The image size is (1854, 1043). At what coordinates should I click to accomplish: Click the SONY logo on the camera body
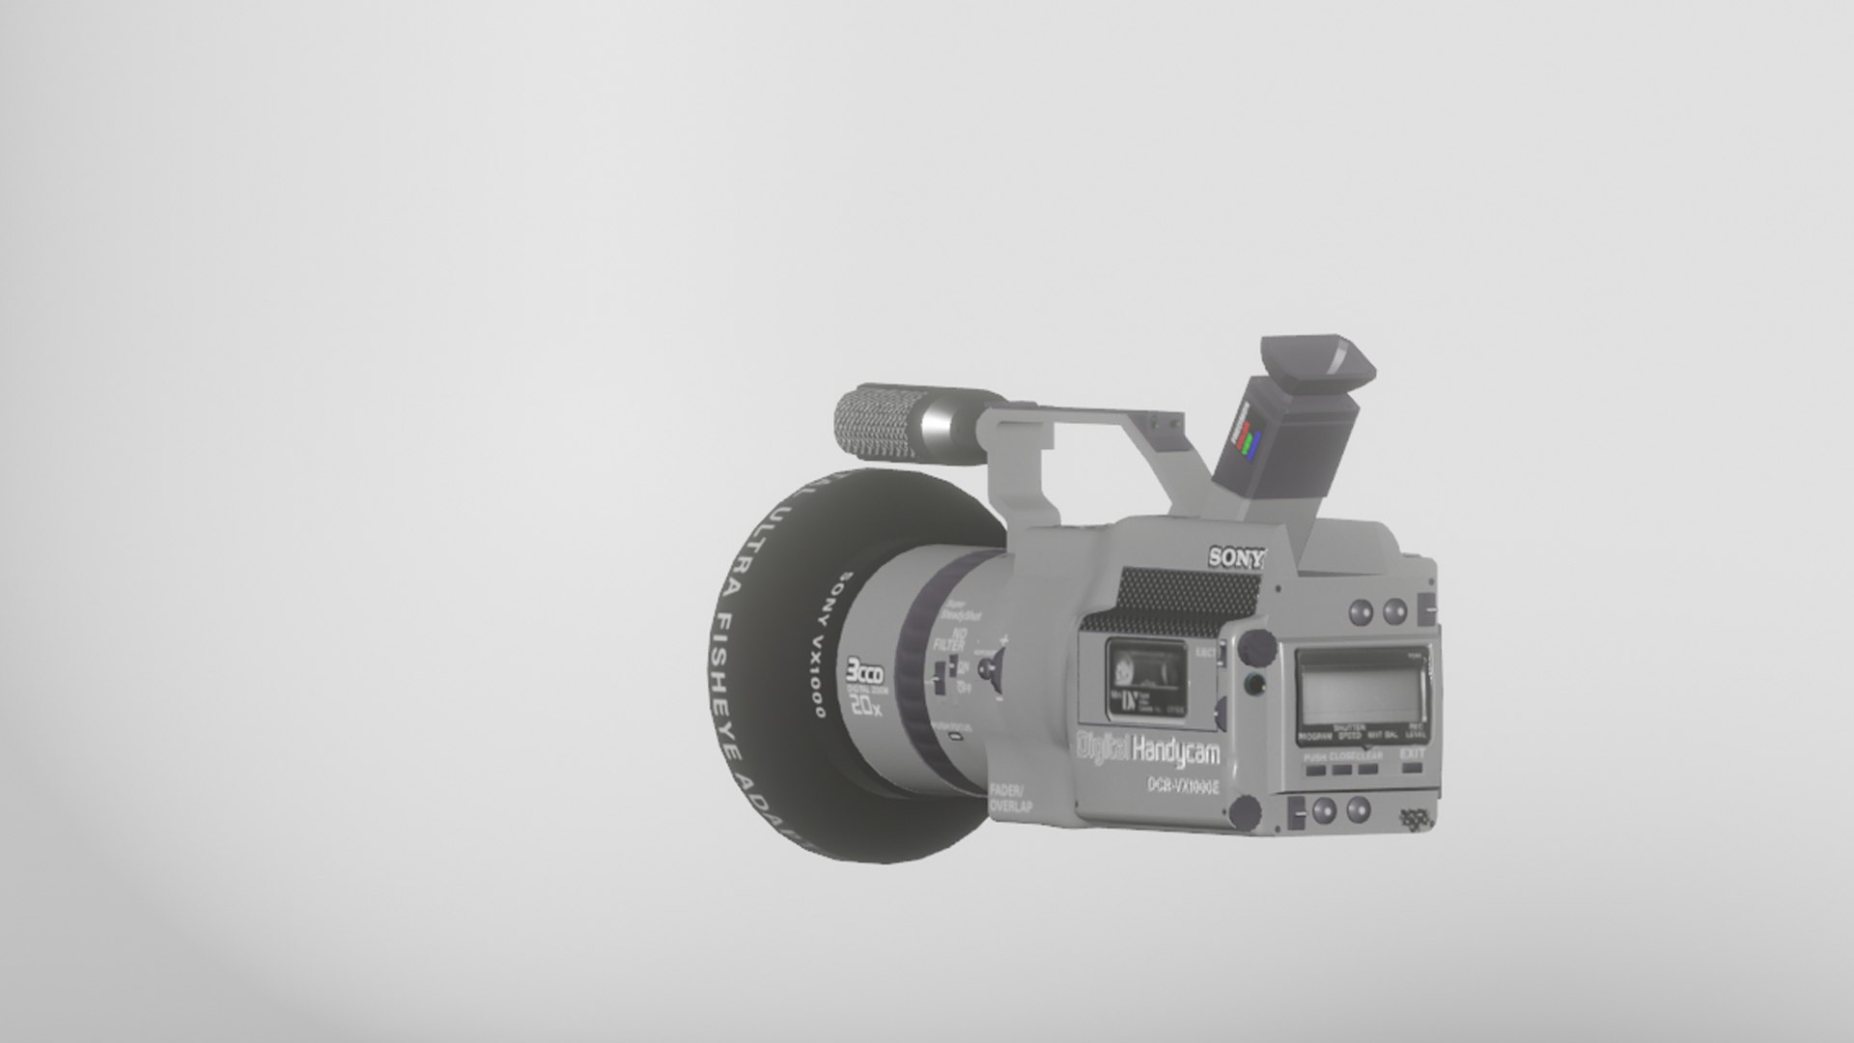pos(1236,557)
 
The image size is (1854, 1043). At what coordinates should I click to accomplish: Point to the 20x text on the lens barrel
pos(865,707)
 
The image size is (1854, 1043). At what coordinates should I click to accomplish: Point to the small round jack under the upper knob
pos(1254,685)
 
